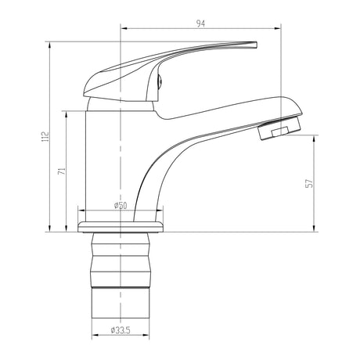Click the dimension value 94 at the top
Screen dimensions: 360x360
201,24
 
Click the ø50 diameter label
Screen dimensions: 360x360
121,206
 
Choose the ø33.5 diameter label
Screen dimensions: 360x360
121,329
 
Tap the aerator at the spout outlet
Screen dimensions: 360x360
279,127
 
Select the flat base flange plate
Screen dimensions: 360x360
121,227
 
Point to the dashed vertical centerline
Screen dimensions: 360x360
121,157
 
